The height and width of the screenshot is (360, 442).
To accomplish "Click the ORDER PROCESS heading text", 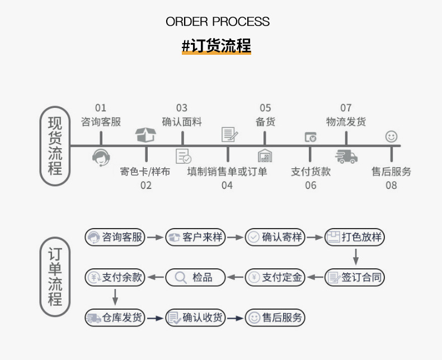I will [218, 22].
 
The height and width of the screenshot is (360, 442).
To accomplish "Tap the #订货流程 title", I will [217, 46].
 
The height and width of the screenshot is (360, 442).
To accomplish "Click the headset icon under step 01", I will [101, 157].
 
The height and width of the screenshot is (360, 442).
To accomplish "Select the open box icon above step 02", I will [145, 135].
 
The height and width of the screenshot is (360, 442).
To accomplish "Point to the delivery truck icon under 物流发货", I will [346, 156].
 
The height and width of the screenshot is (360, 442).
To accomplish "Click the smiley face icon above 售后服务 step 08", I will [391, 136].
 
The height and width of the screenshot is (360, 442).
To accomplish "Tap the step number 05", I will [265, 108].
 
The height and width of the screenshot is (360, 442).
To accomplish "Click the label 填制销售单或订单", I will [227, 172].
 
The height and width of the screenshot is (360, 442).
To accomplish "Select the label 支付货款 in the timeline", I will [311, 172].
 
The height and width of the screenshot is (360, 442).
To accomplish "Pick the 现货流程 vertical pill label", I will [55, 146].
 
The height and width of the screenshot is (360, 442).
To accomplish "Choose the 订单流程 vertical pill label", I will [55, 277].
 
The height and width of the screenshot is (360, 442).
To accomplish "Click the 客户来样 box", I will [195, 237].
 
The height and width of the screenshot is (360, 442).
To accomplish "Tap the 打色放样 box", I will [355, 237].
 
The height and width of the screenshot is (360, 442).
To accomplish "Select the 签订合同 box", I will [355, 277].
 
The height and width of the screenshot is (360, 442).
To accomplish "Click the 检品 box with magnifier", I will [195, 277].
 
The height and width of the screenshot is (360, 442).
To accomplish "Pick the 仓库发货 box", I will [115, 318].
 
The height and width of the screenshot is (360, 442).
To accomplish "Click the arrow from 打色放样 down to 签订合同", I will [355, 257].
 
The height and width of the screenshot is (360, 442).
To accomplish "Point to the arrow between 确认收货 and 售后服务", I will [236, 318].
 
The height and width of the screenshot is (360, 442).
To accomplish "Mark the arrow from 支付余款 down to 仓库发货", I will [115, 297].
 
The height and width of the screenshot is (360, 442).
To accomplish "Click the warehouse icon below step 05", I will [265, 156].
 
